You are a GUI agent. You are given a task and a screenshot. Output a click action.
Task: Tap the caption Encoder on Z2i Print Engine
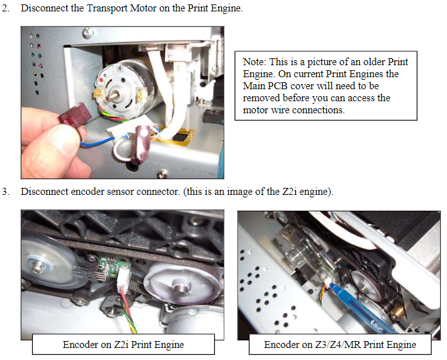(x=123, y=345)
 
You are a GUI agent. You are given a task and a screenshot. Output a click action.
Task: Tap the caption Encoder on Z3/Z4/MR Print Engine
(x=340, y=345)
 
